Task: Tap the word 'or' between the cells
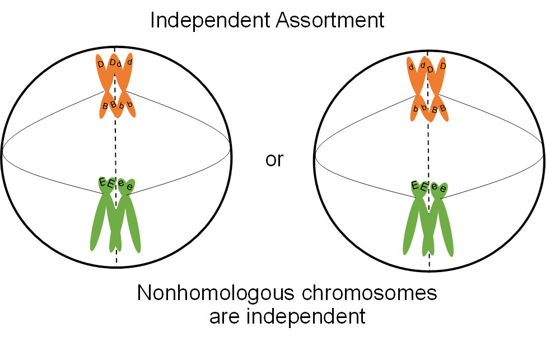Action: [274, 160]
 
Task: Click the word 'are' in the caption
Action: [223, 316]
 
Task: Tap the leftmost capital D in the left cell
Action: [101, 64]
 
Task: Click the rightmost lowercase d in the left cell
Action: [129, 62]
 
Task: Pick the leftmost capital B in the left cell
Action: [105, 106]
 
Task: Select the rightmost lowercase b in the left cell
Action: [129, 105]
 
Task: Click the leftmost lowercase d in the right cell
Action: [412, 67]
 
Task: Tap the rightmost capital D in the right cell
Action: [443, 67]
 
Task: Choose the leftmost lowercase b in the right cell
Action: [416, 107]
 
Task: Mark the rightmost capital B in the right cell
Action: [442, 108]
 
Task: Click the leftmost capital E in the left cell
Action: [102, 181]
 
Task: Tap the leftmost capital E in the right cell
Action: [414, 185]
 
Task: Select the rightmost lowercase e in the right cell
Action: [442, 189]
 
